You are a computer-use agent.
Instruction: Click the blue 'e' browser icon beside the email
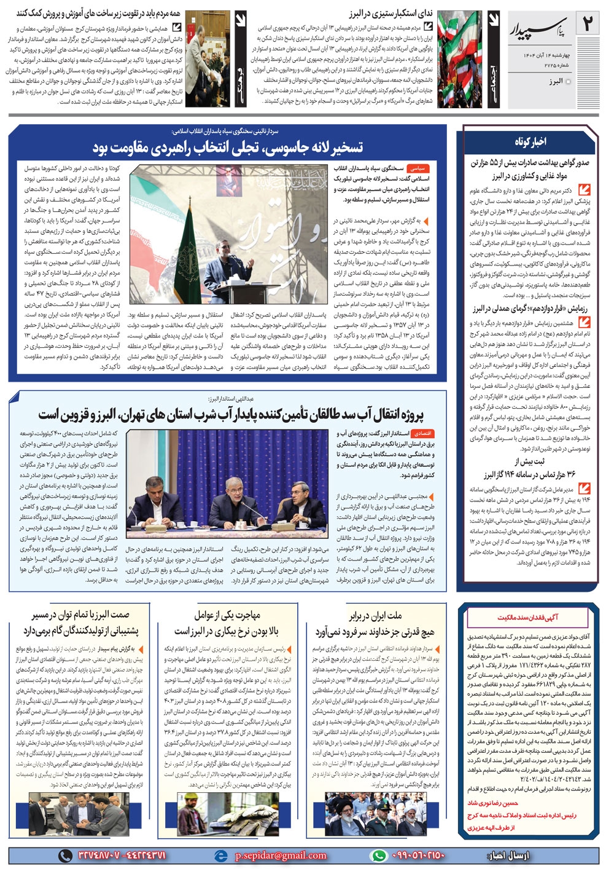click(220, 855)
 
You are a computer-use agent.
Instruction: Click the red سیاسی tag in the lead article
click(419, 167)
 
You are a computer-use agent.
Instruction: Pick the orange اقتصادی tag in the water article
click(423, 434)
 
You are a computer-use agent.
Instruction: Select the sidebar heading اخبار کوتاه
click(530, 142)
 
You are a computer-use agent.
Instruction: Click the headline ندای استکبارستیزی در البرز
click(396, 14)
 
